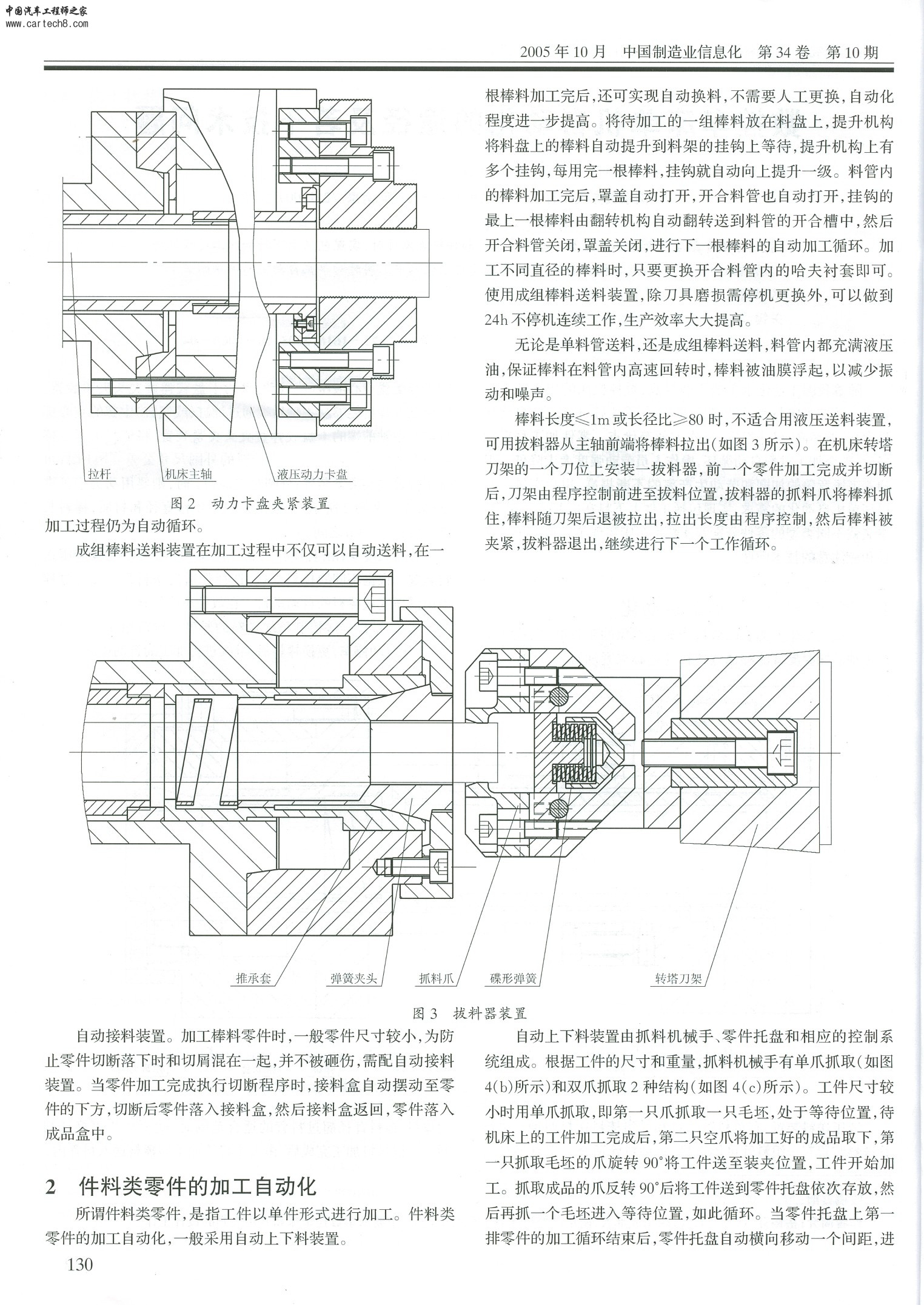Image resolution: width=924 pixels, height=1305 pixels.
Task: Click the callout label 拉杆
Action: pyautogui.click(x=99, y=474)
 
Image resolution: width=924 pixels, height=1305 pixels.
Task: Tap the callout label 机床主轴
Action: pyautogui.click(x=188, y=474)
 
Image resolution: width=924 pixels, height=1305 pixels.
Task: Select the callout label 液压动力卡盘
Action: pyautogui.click(x=312, y=474)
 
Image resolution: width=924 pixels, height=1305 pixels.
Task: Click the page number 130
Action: pyautogui.click(x=80, y=1280)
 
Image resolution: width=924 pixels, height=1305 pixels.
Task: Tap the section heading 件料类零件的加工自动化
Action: pyautogui.click(x=198, y=1186)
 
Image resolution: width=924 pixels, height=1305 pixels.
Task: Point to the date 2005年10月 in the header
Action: pyautogui.click(x=563, y=52)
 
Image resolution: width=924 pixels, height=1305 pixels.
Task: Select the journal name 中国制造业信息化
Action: pyautogui.click(x=682, y=52)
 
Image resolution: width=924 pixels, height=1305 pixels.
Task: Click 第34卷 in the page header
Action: pyautogui.click(x=783, y=52)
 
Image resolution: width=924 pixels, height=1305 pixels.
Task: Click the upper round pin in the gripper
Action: pyautogui.click(x=560, y=697)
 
